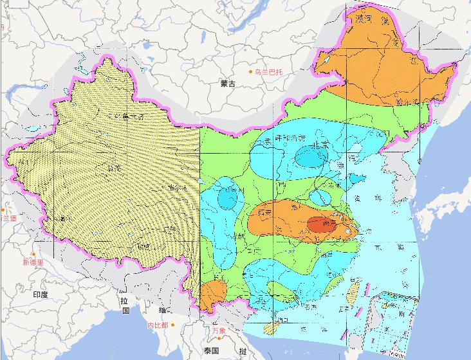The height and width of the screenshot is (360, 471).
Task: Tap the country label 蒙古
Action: point(227,84)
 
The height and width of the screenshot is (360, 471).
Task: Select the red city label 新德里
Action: point(32,262)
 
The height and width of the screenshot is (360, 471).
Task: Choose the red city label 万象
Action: point(219,330)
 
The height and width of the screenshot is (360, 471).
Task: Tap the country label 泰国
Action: point(212,350)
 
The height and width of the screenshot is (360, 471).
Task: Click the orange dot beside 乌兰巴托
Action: point(252,71)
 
